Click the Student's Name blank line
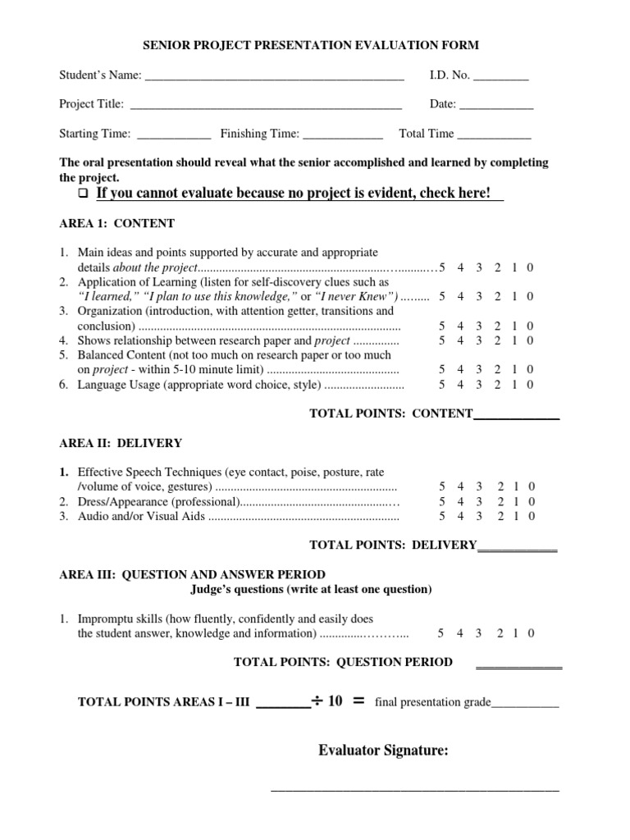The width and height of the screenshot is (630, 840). tap(274, 79)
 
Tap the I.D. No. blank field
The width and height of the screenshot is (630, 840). tap(501, 79)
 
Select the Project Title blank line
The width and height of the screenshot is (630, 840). tap(266, 107)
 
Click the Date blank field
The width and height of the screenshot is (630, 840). tap(495, 107)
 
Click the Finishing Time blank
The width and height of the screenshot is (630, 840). tap(343, 137)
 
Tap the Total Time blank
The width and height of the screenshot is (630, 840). tap(494, 137)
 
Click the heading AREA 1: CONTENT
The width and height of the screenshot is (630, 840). tap(116, 223)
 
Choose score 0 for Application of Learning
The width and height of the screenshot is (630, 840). tap(531, 296)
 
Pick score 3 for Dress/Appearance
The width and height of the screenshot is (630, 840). tap(478, 501)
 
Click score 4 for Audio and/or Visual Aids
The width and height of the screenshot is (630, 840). tap(460, 516)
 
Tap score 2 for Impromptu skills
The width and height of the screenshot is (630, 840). tap(498, 633)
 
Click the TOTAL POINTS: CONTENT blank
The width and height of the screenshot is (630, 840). tap(516, 418)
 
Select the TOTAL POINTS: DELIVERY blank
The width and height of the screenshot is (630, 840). tap(517, 548)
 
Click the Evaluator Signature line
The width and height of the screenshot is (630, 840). tap(415, 787)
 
